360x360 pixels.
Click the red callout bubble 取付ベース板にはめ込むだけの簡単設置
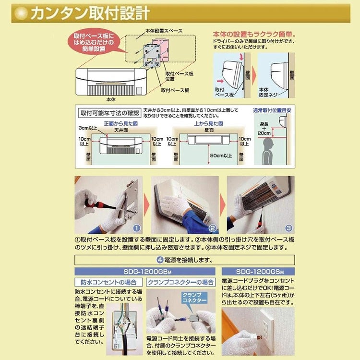(x=94, y=42)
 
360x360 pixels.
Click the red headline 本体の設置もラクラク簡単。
(x=254, y=35)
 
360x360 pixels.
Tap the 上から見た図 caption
(x=207, y=123)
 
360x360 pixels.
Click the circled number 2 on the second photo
(x=213, y=228)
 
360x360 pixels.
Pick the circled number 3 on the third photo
(x=288, y=228)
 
